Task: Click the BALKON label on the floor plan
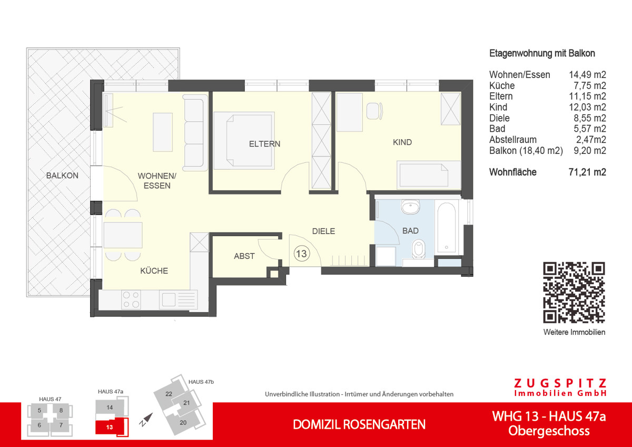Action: (62, 176)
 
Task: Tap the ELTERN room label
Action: (264, 143)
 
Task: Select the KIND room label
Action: (402, 142)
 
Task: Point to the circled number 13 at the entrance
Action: (302, 254)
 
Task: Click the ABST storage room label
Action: (244, 256)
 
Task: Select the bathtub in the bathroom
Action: (447, 226)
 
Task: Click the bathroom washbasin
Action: (410, 207)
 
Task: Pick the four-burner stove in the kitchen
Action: (131, 299)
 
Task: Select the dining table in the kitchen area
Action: (123, 235)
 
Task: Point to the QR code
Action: (574, 292)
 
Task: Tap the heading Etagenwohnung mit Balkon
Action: (542, 53)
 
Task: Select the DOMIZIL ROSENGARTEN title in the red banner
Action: (359, 424)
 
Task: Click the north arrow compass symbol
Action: (146, 420)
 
